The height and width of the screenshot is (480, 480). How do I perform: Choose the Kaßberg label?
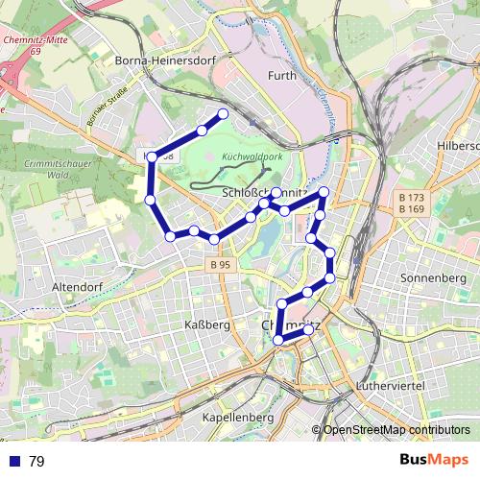click(x=206, y=324)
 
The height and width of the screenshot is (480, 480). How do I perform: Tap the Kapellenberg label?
click(x=239, y=418)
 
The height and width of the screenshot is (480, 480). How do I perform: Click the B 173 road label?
click(x=411, y=197)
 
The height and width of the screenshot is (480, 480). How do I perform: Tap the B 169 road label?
click(x=411, y=208)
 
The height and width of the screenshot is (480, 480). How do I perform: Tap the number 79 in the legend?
click(x=37, y=462)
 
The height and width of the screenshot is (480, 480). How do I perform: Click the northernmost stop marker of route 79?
click(x=225, y=114)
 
